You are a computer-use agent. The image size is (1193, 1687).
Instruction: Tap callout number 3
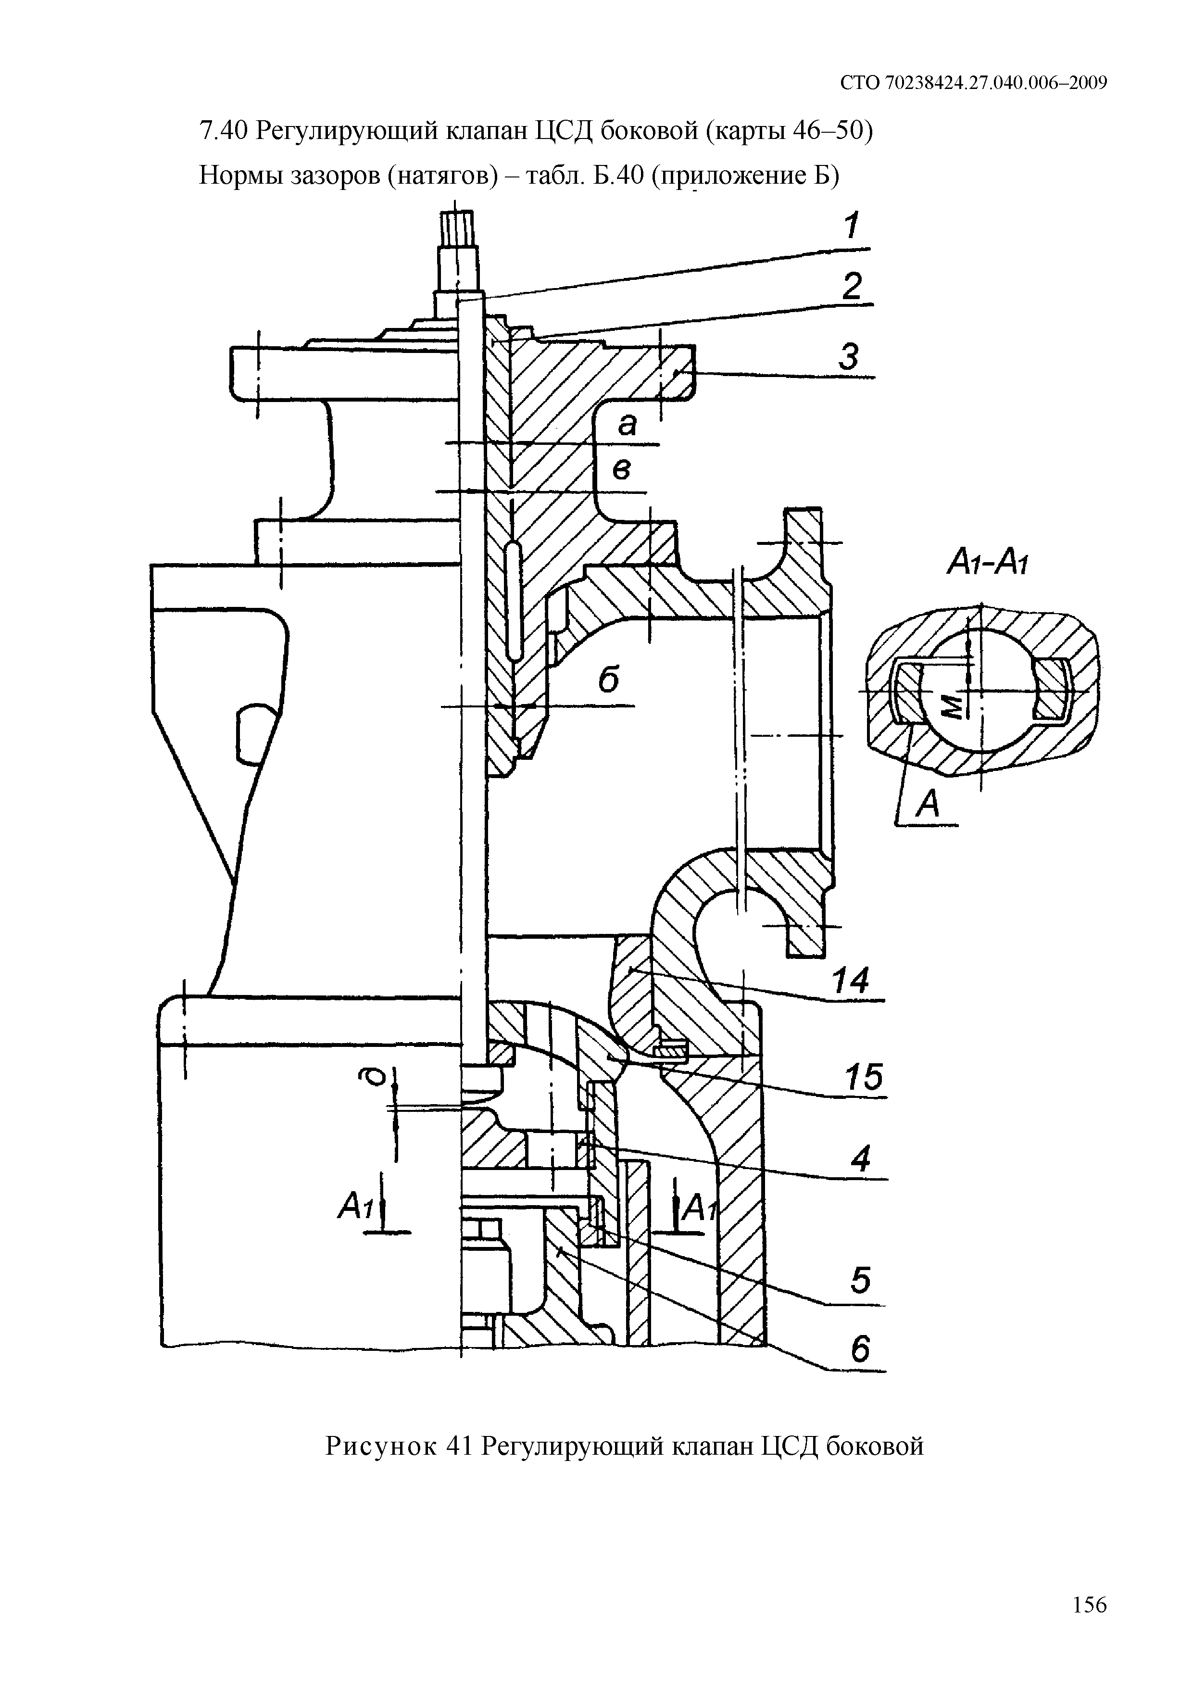click(x=849, y=357)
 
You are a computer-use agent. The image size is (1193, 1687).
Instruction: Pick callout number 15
click(x=863, y=1079)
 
